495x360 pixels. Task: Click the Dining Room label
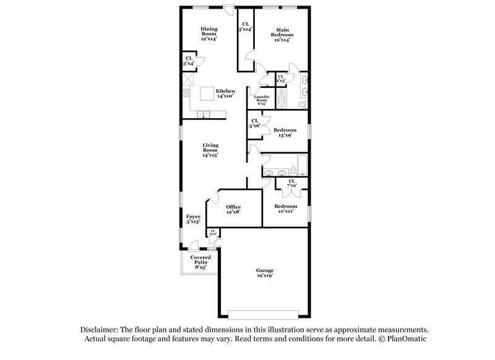click(x=208, y=33)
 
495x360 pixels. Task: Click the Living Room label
click(x=210, y=150)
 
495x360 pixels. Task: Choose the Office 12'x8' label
click(x=233, y=209)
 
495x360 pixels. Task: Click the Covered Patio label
click(x=199, y=262)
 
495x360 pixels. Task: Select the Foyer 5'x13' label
click(x=193, y=219)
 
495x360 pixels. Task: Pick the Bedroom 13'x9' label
click(x=285, y=133)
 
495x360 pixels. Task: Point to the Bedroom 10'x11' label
click(x=285, y=208)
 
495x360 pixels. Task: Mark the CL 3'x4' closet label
click(x=188, y=61)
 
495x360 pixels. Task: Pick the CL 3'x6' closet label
click(x=254, y=124)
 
